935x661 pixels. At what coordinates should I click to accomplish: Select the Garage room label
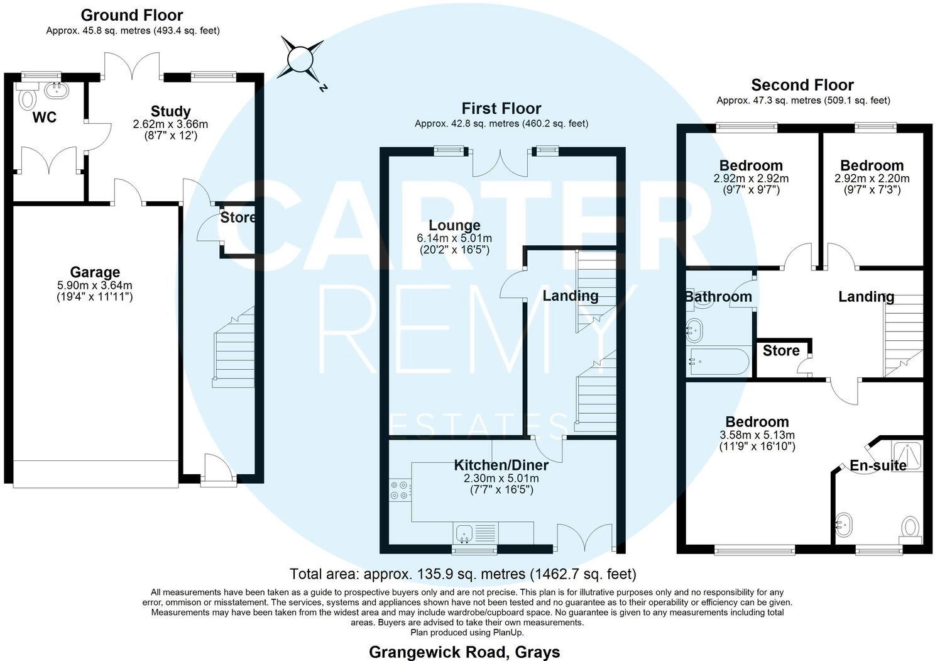[95, 272]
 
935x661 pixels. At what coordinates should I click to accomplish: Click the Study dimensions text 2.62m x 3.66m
[170, 124]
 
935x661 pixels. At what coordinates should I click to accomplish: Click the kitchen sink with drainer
[476, 533]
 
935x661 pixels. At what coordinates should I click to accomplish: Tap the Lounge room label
[454, 225]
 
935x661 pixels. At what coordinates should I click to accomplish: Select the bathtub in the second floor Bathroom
[719, 362]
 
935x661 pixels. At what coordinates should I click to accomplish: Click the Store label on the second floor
[781, 350]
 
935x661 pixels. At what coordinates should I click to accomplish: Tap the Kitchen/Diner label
[501, 465]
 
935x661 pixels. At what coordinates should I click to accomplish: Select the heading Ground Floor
[132, 15]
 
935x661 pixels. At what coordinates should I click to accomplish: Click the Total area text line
[463, 574]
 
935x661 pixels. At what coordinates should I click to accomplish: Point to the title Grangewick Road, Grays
[464, 652]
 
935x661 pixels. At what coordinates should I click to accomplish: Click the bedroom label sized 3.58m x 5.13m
[757, 421]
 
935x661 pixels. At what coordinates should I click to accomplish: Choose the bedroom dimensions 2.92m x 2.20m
[872, 179]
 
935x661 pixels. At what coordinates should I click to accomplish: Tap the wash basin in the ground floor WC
[57, 90]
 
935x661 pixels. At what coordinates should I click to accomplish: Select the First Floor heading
[501, 109]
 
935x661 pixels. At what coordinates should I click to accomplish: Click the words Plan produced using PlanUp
[467, 632]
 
